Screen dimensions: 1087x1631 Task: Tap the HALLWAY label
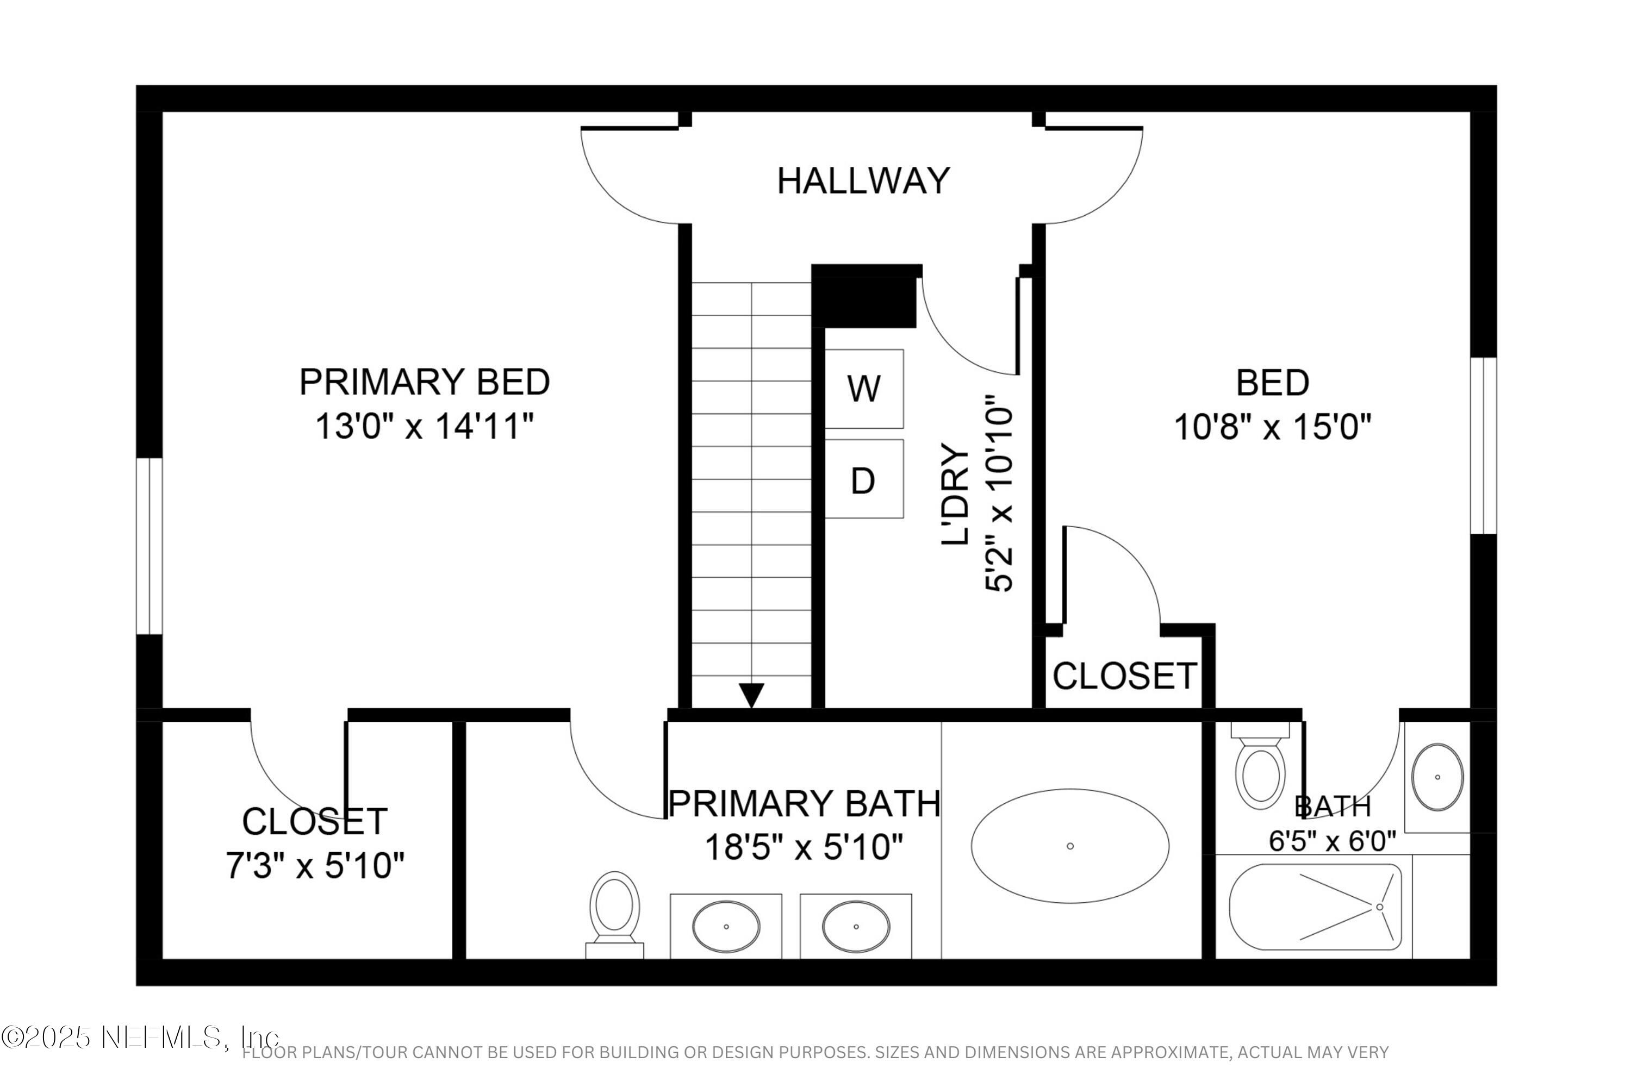[863, 181]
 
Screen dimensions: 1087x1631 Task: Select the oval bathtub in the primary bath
[1069, 846]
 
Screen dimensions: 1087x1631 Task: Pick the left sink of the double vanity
[726, 926]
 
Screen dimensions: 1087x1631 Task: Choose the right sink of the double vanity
[856, 926]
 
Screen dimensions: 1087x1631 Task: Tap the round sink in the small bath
[1437, 777]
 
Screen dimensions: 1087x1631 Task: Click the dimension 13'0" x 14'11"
[425, 426]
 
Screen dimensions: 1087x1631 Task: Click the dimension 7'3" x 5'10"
[315, 866]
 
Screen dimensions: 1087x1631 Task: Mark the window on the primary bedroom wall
[148, 546]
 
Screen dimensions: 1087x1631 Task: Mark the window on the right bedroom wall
[1483, 446]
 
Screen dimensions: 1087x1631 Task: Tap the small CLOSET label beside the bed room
[1125, 676]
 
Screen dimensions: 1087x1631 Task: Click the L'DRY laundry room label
[955, 493]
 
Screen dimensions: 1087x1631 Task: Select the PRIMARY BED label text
[425, 382]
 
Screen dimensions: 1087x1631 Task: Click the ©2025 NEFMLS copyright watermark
[139, 1038]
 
